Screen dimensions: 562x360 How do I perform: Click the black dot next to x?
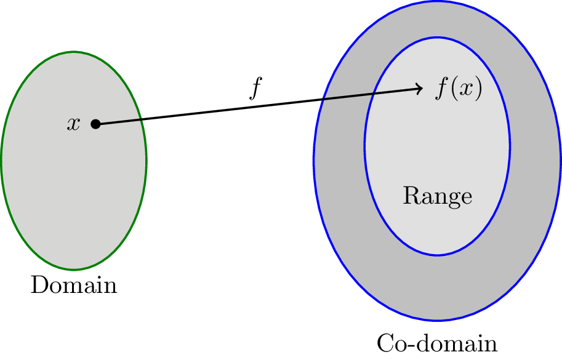(x=95, y=124)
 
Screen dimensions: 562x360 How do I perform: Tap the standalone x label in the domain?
(x=74, y=124)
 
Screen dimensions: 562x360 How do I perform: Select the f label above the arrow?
(x=255, y=89)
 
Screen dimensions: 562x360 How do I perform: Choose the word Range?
(x=437, y=196)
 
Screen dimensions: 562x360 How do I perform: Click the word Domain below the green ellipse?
(x=74, y=285)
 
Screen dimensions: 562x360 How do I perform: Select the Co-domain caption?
(x=436, y=343)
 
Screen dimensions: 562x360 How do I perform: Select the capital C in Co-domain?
(x=384, y=343)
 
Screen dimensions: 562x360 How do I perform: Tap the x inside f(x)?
(x=464, y=90)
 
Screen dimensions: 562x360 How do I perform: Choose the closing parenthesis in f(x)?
(x=478, y=89)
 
